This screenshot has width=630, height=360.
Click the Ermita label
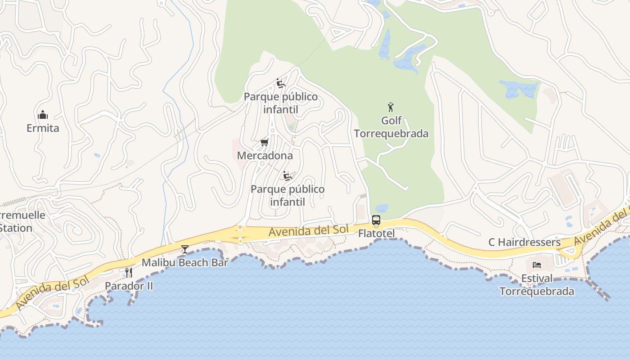pos(43,128)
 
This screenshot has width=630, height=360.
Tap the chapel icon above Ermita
pos(43,115)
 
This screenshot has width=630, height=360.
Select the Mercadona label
pos(265,156)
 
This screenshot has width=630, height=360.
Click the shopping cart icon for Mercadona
pos(265,143)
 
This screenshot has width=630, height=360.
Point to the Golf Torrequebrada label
pos(391,127)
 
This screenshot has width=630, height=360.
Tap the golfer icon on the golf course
pos(391,107)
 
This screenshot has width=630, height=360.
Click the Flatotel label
pos(376,234)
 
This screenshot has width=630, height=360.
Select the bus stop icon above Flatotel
pos(376,220)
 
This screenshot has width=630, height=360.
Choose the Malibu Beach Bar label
pos(185,263)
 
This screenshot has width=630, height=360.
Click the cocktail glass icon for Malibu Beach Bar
pos(185,249)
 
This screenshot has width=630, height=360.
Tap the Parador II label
pos(129,286)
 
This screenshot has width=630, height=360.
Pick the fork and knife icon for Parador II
pos(129,272)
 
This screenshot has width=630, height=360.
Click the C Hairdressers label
pos(524,243)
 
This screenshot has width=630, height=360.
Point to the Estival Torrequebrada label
pos(537,285)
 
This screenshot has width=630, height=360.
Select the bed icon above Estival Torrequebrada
pos(537,265)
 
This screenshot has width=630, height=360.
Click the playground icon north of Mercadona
pos(281,83)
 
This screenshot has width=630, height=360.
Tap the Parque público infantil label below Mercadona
pos(288,195)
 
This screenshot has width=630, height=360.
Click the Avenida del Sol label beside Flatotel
pos(309,231)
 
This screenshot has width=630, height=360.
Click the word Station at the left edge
pos(16,228)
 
